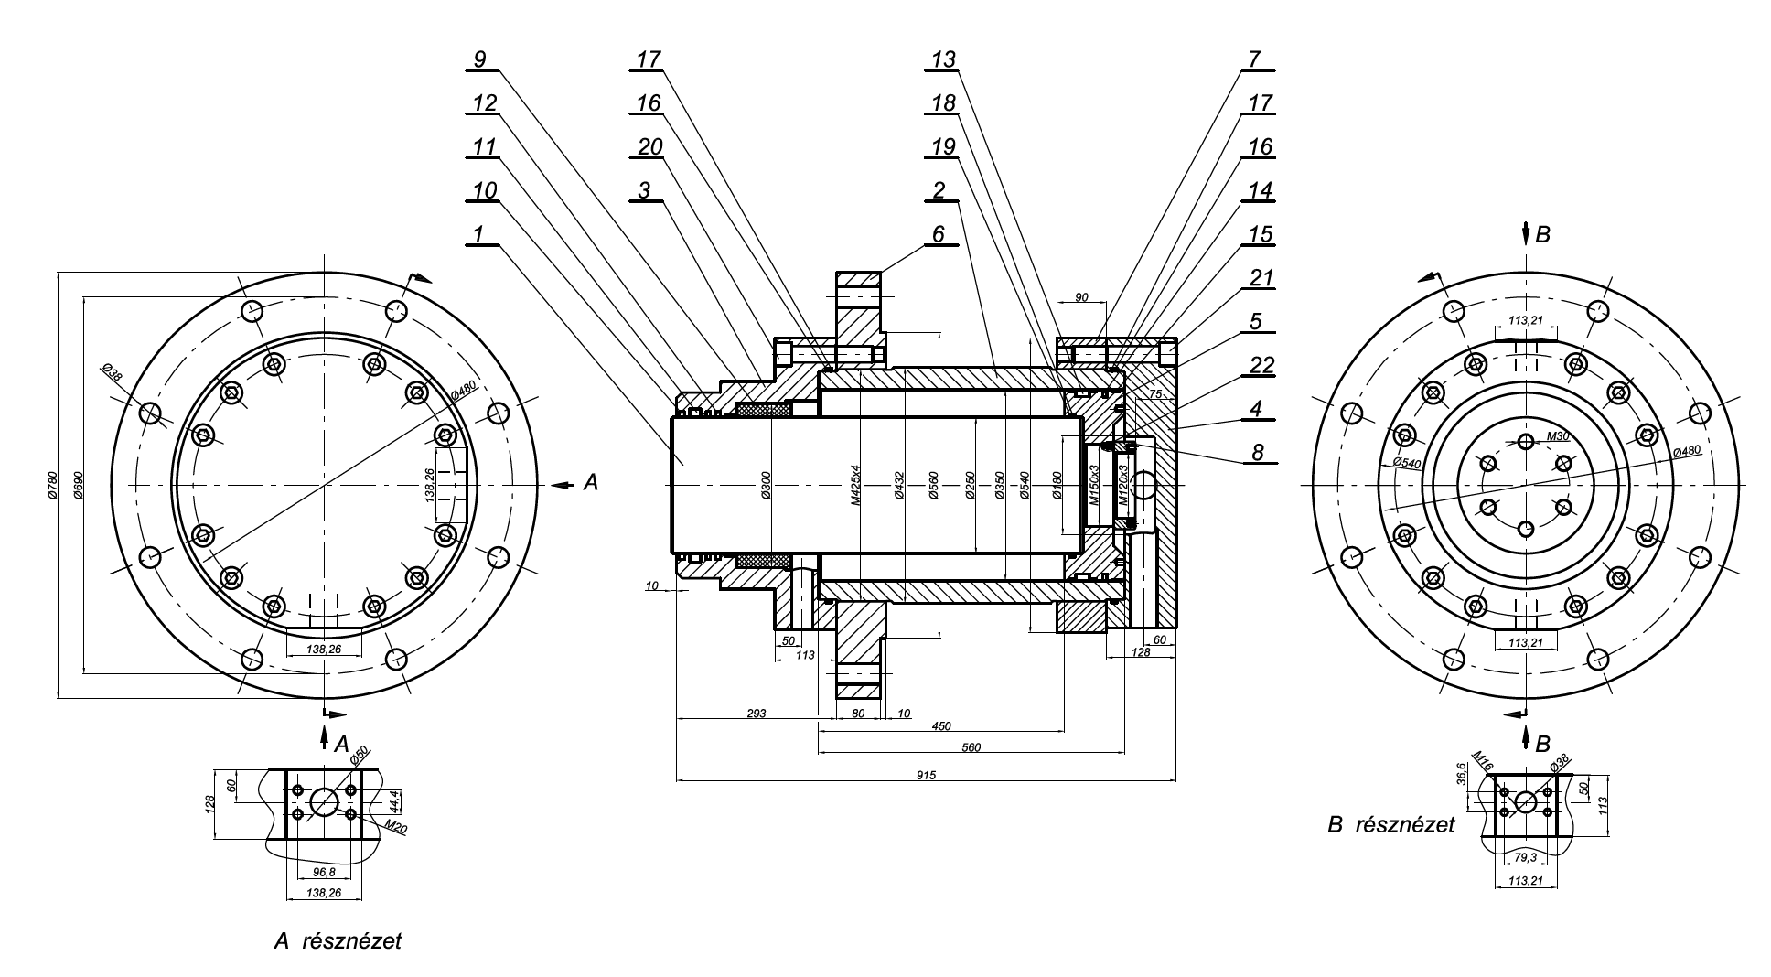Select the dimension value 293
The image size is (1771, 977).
tap(755, 713)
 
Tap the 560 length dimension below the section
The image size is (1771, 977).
tap(971, 747)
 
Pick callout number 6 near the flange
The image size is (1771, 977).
tap(939, 234)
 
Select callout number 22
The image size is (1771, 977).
tap(1261, 366)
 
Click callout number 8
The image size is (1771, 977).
tap(1258, 451)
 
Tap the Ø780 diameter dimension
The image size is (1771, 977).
tap(52, 484)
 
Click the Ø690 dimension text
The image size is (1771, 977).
tap(79, 484)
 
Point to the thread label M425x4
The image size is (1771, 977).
tap(854, 485)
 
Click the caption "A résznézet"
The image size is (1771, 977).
tap(338, 940)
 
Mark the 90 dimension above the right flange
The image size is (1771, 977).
tap(1081, 298)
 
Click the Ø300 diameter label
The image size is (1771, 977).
tap(767, 485)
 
